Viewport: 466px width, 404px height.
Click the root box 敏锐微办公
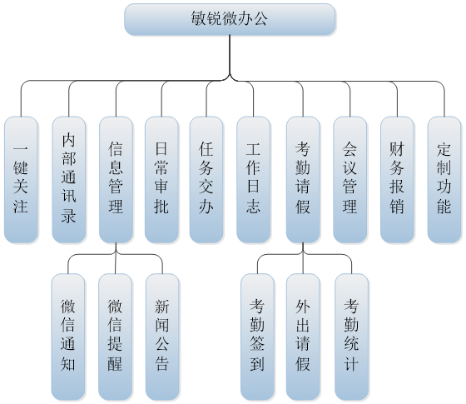[230, 19]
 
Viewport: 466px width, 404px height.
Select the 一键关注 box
[21, 179]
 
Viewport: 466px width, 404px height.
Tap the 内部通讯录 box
[68, 179]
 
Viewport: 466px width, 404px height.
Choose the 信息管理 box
[116, 179]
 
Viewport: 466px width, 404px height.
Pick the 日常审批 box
[161, 179]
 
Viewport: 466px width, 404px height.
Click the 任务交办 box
[206, 179]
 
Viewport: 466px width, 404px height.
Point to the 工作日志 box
[253, 179]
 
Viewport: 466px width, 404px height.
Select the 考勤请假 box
[303, 179]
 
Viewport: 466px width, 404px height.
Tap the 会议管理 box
[349, 179]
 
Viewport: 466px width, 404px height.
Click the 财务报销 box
[397, 179]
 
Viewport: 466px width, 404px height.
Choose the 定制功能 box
[444, 179]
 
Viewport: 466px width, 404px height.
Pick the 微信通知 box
[67, 337]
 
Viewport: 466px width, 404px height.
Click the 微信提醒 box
[115, 337]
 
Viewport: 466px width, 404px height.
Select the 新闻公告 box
[162, 337]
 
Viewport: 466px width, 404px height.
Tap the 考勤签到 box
[257, 337]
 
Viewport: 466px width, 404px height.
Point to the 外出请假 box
[303, 337]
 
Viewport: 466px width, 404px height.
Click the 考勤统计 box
[351, 337]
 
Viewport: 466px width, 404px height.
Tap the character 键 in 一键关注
[21, 167]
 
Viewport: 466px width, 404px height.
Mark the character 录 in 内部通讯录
[68, 215]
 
